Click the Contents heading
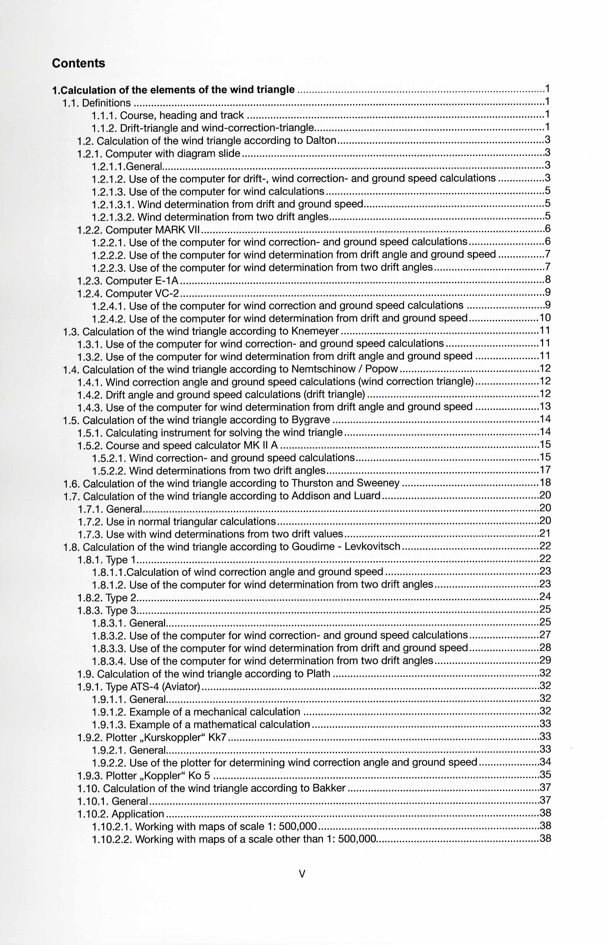78,63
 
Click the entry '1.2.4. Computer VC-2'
128,293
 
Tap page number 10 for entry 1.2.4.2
545,318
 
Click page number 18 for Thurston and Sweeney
545,483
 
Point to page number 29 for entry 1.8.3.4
545,661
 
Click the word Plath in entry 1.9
318,674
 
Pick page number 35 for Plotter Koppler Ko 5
545,775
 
